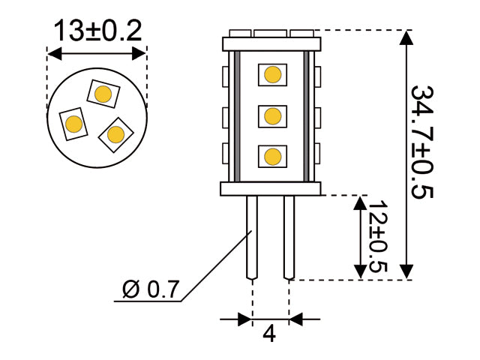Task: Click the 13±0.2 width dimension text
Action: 97,31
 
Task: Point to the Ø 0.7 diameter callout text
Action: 151,289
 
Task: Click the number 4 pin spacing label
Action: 269,334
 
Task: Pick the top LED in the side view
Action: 272,74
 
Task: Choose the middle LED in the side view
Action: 272,115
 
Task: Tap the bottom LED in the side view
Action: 272,156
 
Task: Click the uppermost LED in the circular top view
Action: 103,93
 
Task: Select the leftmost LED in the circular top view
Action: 73,123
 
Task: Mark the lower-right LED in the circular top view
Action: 115,134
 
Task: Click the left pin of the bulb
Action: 253,236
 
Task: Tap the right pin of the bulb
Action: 289,236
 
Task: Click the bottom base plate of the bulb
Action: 271,189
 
